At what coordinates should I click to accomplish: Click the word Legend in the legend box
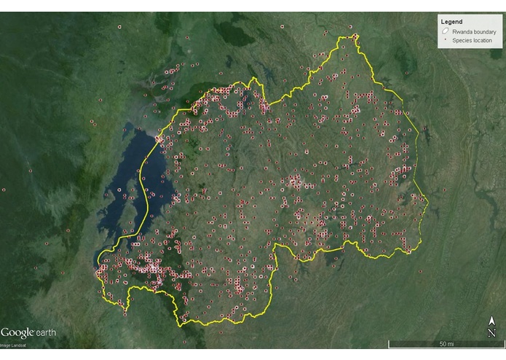point(451,22)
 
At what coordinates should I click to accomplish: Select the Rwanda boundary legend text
point(473,32)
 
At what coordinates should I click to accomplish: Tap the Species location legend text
point(472,41)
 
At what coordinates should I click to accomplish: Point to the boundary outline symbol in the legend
point(444,32)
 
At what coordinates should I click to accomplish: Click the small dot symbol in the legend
point(444,41)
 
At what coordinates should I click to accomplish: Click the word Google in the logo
point(17,332)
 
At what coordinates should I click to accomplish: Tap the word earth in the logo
point(46,333)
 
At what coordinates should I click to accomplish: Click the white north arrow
point(492,321)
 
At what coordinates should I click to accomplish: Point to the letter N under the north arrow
point(492,332)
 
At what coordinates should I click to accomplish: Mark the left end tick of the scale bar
point(389,344)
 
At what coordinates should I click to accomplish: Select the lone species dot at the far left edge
point(4,190)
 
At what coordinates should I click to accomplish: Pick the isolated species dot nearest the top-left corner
point(119,27)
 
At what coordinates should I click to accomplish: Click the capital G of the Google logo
point(6,332)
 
